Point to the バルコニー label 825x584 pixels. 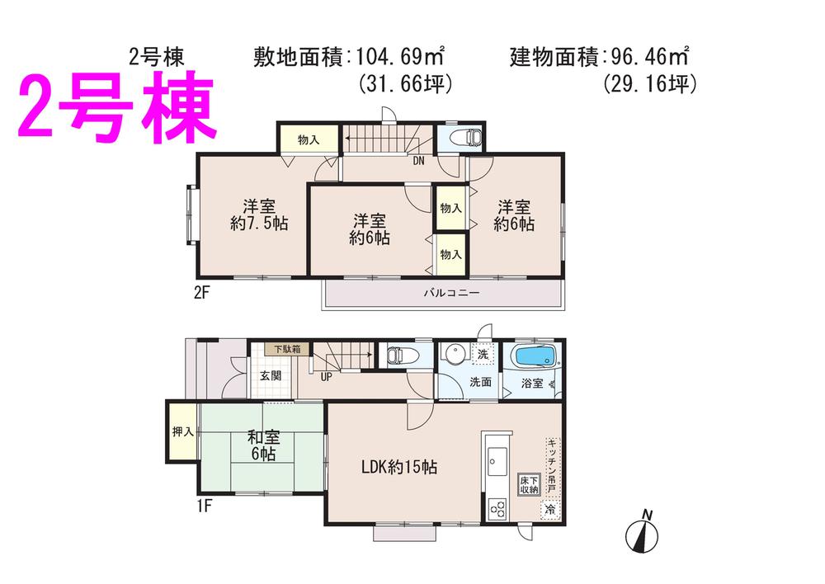point(451,293)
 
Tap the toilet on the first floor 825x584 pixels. point(401,356)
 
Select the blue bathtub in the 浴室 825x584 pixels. point(535,358)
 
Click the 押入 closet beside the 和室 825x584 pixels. point(182,431)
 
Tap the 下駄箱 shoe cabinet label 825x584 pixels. point(288,349)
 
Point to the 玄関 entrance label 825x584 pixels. point(271,375)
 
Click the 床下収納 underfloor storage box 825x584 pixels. point(529,484)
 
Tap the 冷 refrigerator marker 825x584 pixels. point(550,511)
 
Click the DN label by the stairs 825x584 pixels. point(419,161)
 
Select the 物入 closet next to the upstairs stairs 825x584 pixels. point(308,140)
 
